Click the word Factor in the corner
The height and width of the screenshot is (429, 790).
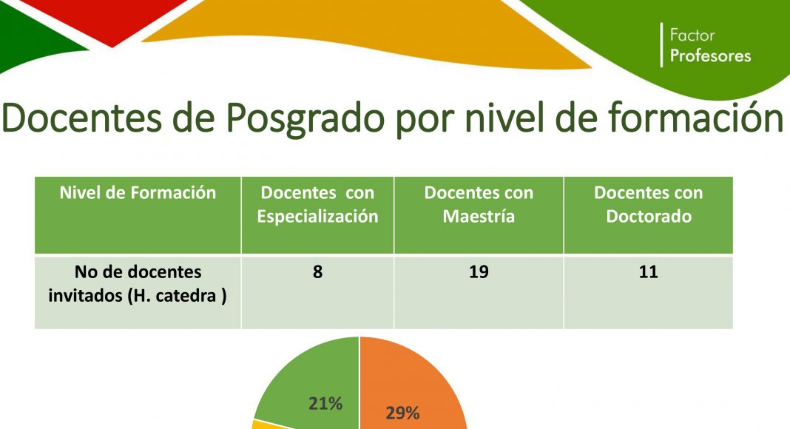tap(692, 36)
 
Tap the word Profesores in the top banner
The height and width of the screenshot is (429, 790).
tap(710, 55)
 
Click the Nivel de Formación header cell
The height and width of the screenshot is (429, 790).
tap(138, 215)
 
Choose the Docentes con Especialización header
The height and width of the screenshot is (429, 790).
tap(317, 215)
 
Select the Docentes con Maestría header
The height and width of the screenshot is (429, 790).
tap(479, 215)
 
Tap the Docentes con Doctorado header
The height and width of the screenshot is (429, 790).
tap(649, 215)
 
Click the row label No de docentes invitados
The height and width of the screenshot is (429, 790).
tap(138, 283)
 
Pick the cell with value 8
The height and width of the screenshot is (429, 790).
tap(317, 293)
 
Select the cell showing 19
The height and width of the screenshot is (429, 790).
tap(479, 293)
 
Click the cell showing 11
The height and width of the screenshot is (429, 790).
tap(649, 293)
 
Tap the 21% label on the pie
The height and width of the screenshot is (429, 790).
tap(325, 403)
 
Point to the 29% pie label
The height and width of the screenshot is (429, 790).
tap(402, 413)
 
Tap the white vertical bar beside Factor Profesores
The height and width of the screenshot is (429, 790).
tap(661, 45)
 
